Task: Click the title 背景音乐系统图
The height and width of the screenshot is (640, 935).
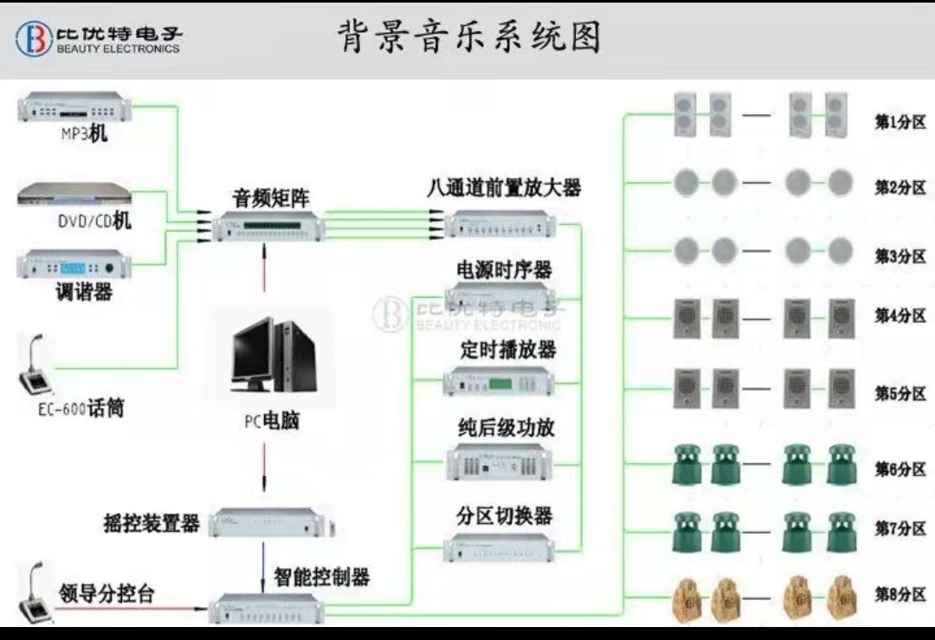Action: tap(468, 37)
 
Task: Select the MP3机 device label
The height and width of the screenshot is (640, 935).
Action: tap(84, 134)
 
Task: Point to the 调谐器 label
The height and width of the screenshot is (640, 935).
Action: tap(84, 293)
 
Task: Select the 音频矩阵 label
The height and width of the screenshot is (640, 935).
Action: tap(270, 197)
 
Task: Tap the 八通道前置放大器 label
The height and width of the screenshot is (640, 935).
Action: tap(503, 187)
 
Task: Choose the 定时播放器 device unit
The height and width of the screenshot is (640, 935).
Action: tap(498, 381)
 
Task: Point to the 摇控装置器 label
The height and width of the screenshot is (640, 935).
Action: tap(152, 523)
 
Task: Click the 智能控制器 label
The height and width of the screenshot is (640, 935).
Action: tap(321, 576)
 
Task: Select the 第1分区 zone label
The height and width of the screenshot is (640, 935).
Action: tap(900, 122)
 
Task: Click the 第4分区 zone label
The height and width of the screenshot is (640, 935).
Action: tap(900, 315)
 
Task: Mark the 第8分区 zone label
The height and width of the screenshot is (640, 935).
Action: tap(900, 594)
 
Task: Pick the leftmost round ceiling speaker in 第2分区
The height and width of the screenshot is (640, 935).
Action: tap(686, 183)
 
